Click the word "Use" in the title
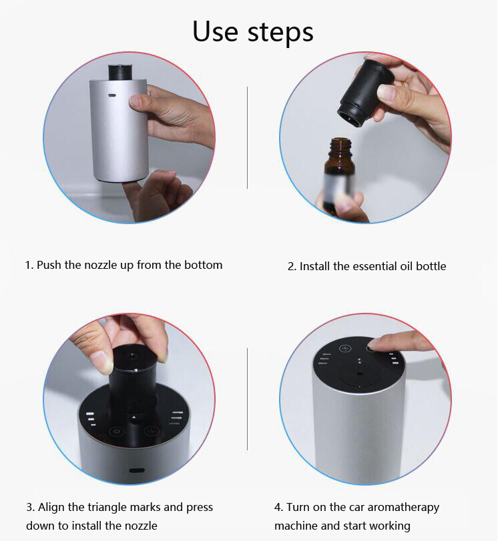pos(216,31)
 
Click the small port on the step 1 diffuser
pos(111,95)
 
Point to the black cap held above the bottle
pos(365,92)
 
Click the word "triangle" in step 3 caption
pos(107,508)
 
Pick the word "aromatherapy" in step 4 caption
pos(403,508)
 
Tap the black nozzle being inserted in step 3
pos(133,376)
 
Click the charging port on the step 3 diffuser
pos(137,470)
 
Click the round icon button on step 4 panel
pos(344,348)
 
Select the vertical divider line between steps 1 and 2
pos(247,137)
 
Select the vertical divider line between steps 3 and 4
pos(247,399)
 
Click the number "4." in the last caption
pos(278,508)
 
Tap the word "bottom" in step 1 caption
pos(203,265)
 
